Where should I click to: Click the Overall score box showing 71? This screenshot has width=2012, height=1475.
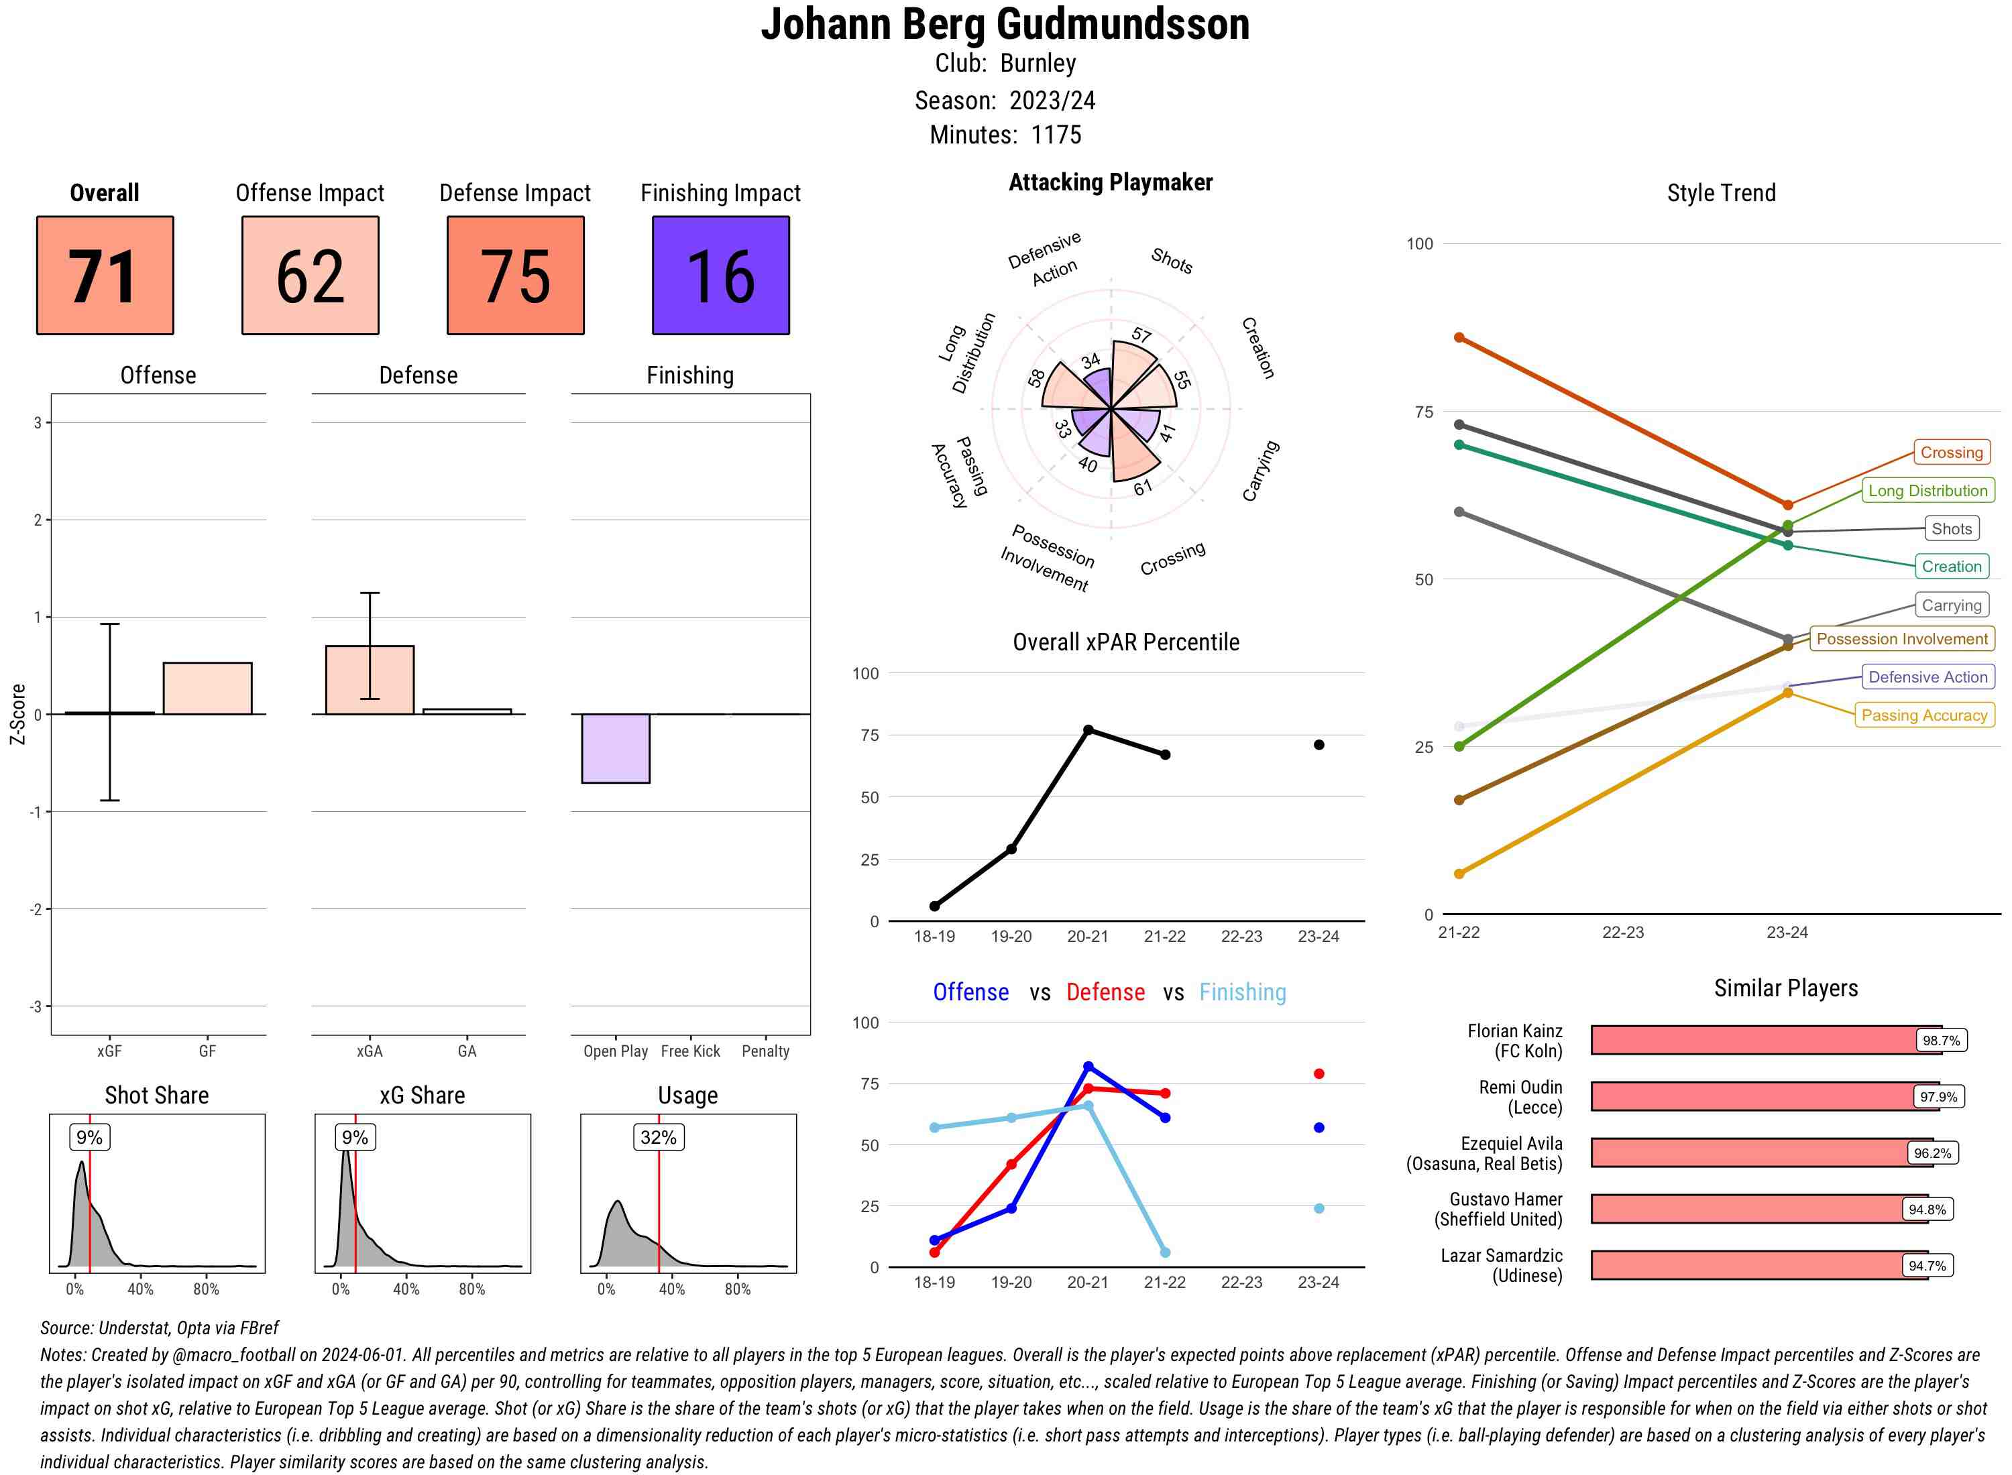pos(105,275)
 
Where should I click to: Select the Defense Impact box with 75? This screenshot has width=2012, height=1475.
pos(515,275)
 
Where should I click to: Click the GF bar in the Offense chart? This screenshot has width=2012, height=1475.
pos(207,689)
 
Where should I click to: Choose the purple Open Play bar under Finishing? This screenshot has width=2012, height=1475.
pos(615,748)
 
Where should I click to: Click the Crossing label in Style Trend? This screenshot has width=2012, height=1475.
pos(1950,453)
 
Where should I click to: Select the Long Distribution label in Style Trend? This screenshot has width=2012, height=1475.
pos(1927,490)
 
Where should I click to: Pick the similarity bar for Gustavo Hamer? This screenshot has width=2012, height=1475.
pos(1758,1209)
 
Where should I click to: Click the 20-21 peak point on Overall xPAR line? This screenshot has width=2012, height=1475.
pos(1088,729)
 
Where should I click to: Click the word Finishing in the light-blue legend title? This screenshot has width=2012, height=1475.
pos(1242,992)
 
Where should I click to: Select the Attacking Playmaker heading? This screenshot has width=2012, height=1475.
pos(1110,182)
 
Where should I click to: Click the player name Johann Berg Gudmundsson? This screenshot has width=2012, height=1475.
pos(1005,24)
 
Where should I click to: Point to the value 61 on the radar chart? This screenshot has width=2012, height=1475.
pos(1143,487)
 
